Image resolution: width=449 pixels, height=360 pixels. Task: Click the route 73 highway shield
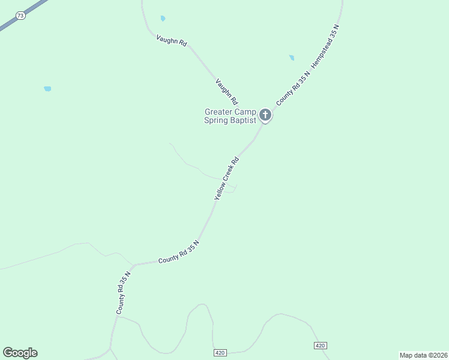click(21, 16)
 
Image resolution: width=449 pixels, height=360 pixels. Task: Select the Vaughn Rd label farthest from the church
click(172, 41)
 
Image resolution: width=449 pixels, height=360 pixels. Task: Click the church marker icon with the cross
click(265, 114)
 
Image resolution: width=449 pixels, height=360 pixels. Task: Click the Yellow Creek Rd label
click(227, 178)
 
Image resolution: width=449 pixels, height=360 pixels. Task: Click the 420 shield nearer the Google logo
click(220, 353)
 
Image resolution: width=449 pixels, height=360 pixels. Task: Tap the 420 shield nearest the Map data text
click(320, 346)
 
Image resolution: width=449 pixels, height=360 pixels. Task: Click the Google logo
click(20, 353)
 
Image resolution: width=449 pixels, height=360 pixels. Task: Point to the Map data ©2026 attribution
click(423, 355)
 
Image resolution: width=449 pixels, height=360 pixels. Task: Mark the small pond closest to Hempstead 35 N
click(292, 58)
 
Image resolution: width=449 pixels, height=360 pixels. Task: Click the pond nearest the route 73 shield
click(47, 89)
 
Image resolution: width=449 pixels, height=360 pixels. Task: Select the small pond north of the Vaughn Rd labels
click(163, 19)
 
